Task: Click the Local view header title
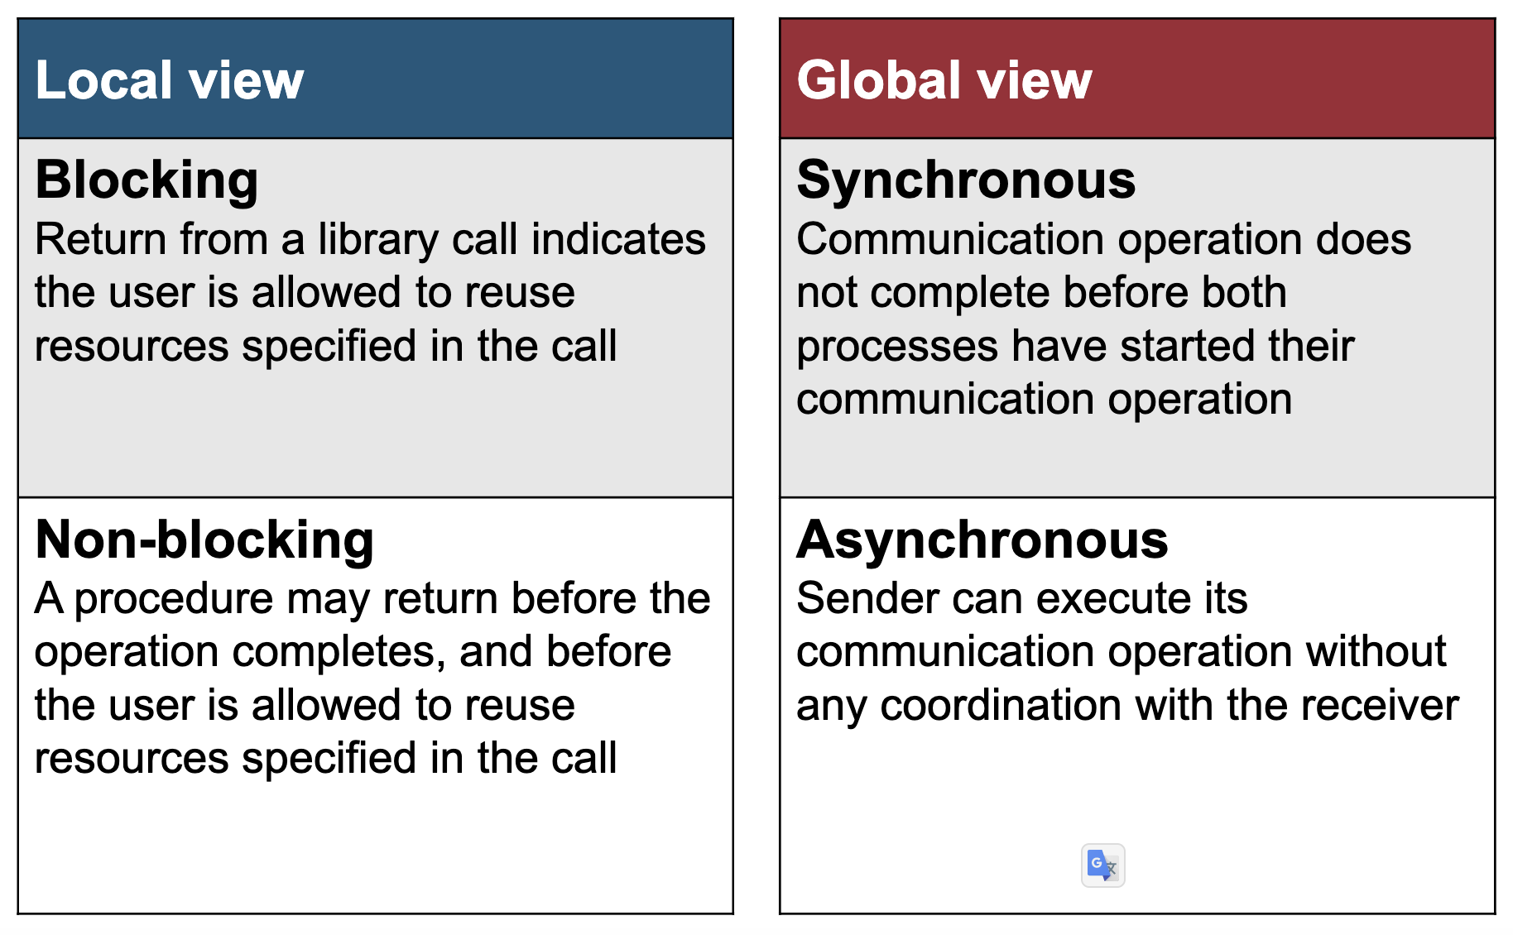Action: (170, 80)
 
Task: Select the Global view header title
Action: (944, 80)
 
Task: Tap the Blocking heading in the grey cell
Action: (147, 181)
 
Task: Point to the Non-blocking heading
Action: (204, 539)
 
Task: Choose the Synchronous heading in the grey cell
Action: (966, 180)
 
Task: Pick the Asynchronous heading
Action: (982, 539)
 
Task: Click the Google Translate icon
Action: (1102, 865)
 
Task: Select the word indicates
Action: (618, 239)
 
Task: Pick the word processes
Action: (897, 348)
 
